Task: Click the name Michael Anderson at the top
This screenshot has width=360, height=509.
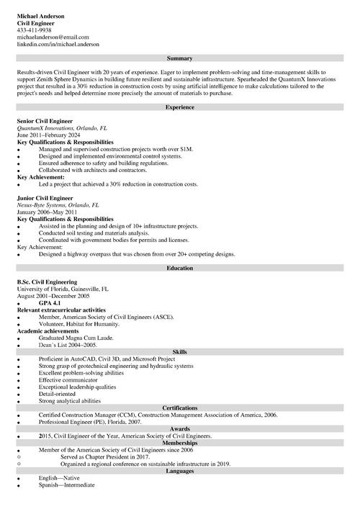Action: [x=40, y=16]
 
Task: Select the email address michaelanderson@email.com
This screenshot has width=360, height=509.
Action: [x=53, y=37]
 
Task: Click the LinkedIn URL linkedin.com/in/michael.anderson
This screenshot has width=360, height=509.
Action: [x=58, y=44]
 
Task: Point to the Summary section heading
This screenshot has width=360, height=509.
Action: [x=179, y=58]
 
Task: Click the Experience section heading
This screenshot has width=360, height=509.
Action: [x=179, y=107]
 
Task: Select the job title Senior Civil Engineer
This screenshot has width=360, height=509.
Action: [x=45, y=122]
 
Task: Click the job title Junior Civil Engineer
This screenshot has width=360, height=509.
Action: [x=45, y=197]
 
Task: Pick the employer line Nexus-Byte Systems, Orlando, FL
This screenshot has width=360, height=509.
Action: [x=58, y=204]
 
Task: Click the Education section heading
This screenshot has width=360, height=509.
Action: [x=179, y=268]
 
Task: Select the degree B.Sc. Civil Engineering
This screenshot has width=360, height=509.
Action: [x=47, y=282]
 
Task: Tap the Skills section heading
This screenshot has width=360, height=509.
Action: [x=179, y=351]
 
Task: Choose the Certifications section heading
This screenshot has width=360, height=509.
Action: [x=179, y=407]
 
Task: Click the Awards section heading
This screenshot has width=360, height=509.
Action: [x=179, y=429]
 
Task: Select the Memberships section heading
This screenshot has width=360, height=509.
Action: [x=179, y=443]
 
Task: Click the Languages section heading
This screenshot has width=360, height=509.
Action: [x=179, y=471]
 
